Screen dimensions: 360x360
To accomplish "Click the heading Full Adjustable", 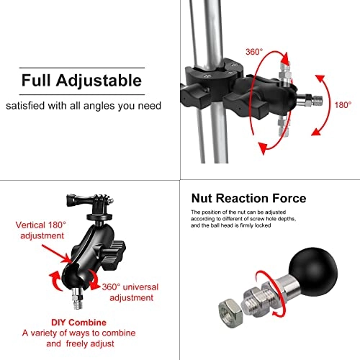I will click(81, 79).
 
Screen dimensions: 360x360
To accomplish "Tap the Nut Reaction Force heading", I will click(248, 198).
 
